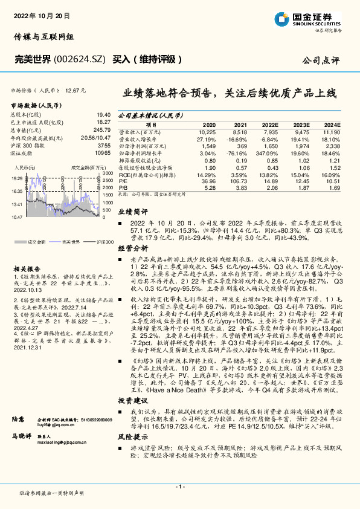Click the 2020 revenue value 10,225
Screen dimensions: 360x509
pyautogui.click(x=207, y=131)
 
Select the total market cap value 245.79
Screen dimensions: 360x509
pyautogui.click(x=101, y=129)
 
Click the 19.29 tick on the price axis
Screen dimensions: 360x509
pyautogui.click(x=17, y=179)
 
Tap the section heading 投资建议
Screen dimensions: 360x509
pyautogui.click(x=132, y=401)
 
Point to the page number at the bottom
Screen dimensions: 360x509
pyautogui.click(x=179, y=487)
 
